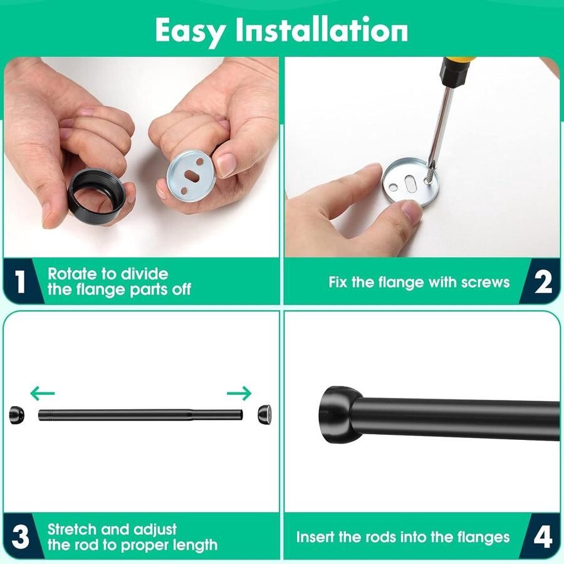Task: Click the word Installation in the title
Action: click(321, 30)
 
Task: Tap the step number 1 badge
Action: click(21, 281)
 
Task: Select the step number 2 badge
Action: click(543, 281)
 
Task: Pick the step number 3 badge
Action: click(20, 536)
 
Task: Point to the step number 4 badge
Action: click(543, 536)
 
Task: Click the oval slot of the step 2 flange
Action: click(410, 184)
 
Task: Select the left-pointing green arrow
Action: click(43, 393)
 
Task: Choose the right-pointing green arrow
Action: click(239, 393)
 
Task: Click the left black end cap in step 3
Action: click(16, 415)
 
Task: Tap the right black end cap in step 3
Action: click(264, 414)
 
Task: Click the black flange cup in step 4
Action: click(339, 415)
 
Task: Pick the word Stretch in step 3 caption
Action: click(72, 530)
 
